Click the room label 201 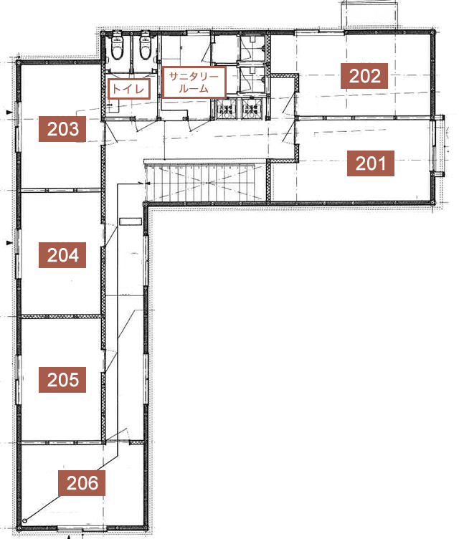click(370, 163)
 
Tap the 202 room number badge click(364, 76)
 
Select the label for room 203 click(62, 129)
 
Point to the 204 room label click(62, 255)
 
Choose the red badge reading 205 click(62, 380)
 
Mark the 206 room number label click(82, 483)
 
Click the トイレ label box click(129, 89)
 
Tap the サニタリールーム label click(194, 82)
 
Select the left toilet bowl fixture click(117, 47)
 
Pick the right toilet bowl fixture click(145, 47)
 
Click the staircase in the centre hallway click(205, 182)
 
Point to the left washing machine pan click(225, 110)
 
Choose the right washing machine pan click(252, 110)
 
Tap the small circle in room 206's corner click(24, 521)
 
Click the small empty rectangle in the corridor click(131, 221)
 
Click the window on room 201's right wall click(438, 146)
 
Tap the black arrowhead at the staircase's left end click(148, 183)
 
